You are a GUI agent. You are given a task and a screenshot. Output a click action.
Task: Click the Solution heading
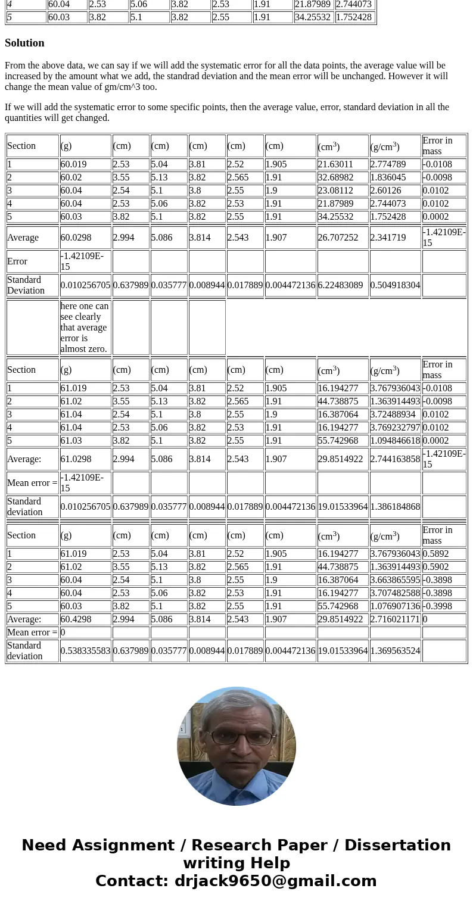coord(24,43)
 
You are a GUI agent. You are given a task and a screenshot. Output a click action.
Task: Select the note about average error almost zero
coord(85,328)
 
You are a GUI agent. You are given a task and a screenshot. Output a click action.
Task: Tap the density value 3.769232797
coord(395,428)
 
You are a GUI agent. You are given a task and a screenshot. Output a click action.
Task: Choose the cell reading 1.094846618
coord(395,441)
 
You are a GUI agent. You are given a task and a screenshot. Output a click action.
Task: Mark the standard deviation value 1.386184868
coord(395,507)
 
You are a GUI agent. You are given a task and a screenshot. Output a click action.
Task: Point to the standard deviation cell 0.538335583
coord(85,651)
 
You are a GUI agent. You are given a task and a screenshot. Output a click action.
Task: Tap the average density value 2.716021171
coord(395,619)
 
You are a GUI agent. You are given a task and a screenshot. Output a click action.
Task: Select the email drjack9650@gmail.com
coord(276,881)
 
